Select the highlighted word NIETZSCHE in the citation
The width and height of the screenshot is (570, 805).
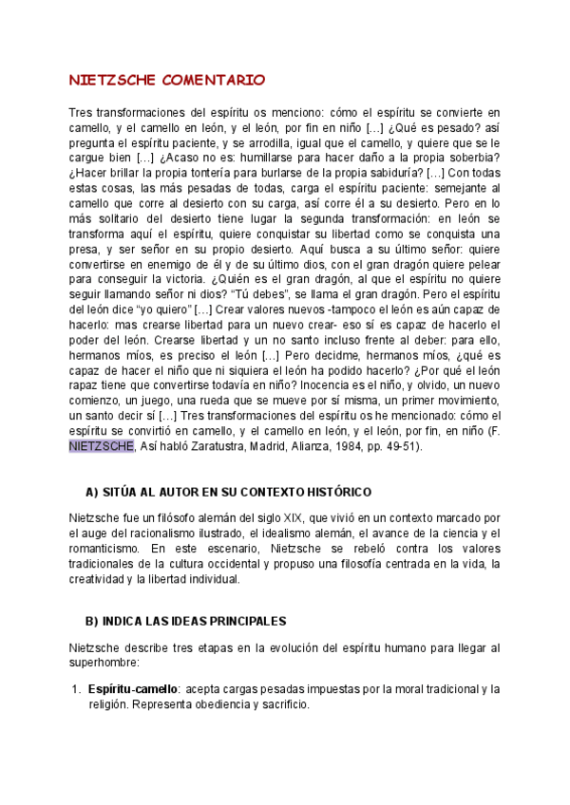[x=102, y=446]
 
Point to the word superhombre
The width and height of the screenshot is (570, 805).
[x=104, y=662]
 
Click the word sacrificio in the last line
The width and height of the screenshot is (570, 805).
[x=282, y=704]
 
